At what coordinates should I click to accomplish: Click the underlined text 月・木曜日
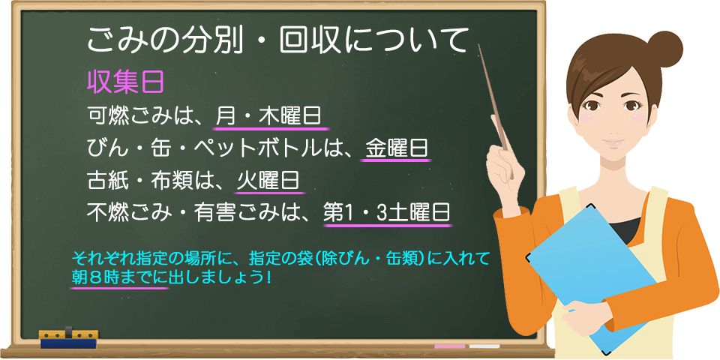pos(268,116)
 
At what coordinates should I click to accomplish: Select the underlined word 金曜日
pos(397,148)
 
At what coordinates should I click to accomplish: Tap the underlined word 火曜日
pos(269,181)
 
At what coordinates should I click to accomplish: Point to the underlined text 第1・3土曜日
pos(386,213)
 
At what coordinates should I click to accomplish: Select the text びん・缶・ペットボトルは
pos(217,148)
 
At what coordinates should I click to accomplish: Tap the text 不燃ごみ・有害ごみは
pos(199,213)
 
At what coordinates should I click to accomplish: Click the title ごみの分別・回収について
pos(277,39)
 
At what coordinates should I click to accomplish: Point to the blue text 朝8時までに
pos(119,277)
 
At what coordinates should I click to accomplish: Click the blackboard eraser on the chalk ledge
pos(68,337)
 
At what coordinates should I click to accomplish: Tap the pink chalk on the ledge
pos(450,346)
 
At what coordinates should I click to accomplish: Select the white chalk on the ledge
pos(484,346)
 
